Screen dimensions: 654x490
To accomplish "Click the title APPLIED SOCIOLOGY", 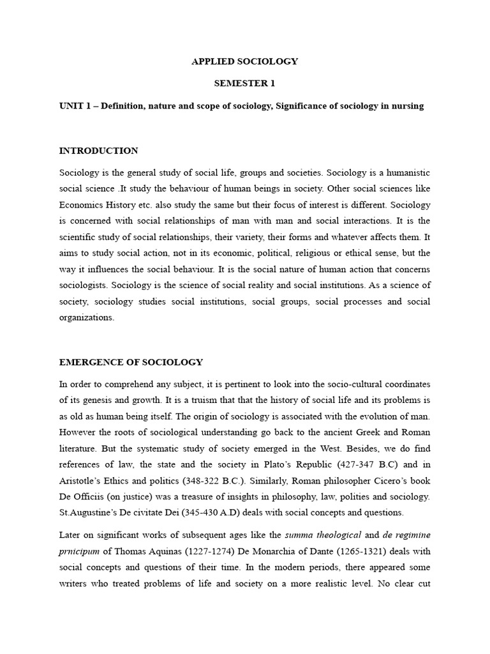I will (x=245, y=62).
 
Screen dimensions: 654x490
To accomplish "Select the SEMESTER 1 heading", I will (x=245, y=84).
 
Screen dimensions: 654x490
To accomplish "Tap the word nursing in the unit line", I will (x=407, y=106).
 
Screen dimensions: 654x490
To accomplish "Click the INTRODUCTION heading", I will (x=98, y=151).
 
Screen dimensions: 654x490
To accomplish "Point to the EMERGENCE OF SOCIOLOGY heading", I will (x=131, y=362).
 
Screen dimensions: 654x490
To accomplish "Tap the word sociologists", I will (x=84, y=285).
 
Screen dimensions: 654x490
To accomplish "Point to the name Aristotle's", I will (x=86, y=480).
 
